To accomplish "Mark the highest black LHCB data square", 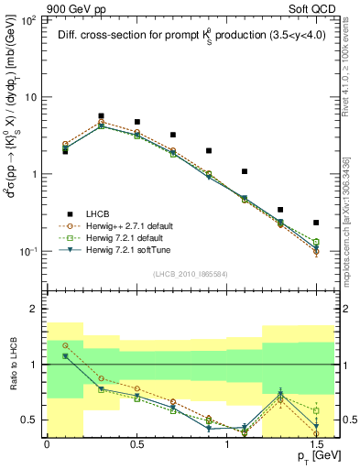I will pyautogui.click(x=101, y=116).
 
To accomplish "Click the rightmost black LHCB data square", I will pyautogui.click(x=316, y=223).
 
